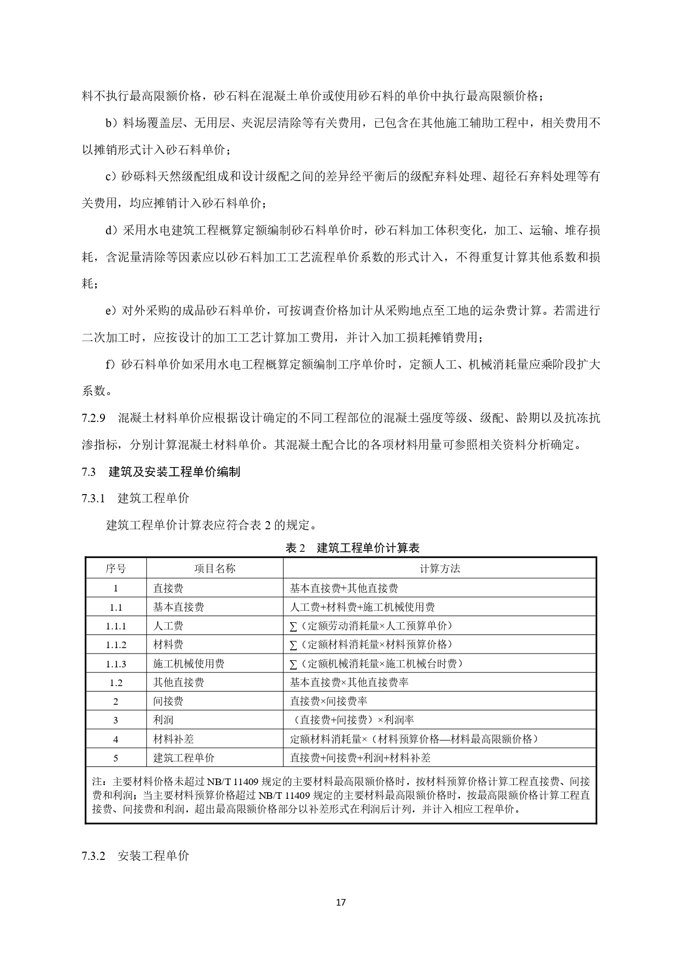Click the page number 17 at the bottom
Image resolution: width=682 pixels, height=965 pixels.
coord(341,902)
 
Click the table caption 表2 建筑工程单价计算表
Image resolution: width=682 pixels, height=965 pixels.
coord(352,547)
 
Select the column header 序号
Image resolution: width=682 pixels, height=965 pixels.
coord(115,568)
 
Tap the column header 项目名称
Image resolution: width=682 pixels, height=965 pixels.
coord(214,568)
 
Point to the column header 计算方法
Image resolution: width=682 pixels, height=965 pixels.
coord(440,568)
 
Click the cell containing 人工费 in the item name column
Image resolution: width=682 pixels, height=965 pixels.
coord(168,626)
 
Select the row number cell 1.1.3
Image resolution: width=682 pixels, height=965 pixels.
coord(116,664)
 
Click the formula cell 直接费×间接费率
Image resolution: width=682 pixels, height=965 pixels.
coord(329,701)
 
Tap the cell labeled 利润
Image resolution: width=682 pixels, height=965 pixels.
coord(163,720)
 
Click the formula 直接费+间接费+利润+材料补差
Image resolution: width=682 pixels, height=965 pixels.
coord(360,758)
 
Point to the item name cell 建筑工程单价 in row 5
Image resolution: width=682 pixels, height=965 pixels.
coord(184,758)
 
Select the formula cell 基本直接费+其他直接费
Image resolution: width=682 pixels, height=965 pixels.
coord(344,588)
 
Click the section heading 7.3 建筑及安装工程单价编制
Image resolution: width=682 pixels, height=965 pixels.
coord(161,471)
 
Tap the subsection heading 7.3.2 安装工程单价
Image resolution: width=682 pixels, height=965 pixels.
coord(135,856)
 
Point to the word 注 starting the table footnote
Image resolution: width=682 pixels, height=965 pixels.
coord(97,781)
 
